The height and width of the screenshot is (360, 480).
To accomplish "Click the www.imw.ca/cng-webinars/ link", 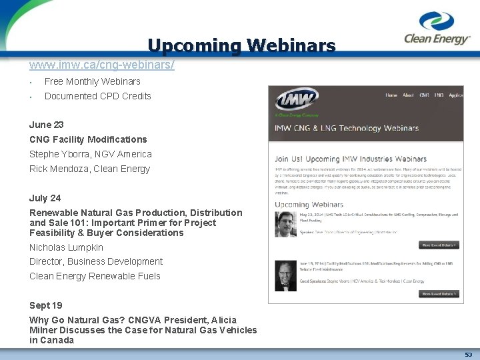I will (x=102, y=65).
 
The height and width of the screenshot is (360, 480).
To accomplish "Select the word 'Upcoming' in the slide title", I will (x=194, y=45).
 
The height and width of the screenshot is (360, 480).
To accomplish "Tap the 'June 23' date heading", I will (x=47, y=125).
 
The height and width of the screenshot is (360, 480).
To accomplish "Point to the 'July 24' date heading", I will (x=45, y=198).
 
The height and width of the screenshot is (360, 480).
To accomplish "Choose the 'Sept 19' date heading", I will (x=46, y=305).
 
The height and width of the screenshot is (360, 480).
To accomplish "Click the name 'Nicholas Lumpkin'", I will (x=66, y=247).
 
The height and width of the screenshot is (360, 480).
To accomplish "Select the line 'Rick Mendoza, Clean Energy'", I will (x=90, y=169).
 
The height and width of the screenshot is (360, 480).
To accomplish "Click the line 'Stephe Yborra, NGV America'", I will (x=91, y=154).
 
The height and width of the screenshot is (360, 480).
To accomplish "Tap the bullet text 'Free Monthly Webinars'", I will (x=93, y=81).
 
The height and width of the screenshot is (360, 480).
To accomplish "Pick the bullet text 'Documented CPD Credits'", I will (x=98, y=96).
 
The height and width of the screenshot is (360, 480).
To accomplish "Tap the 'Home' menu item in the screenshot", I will (x=391, y=95).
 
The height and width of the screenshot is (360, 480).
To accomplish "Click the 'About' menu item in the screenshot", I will (x=408, y=95).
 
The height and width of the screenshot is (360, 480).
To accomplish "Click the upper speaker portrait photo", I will (x=287, y=225).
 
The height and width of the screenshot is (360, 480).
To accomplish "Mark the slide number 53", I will (x=468, y=355).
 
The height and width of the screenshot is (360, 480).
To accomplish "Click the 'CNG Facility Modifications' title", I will (x=88, y=139).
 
